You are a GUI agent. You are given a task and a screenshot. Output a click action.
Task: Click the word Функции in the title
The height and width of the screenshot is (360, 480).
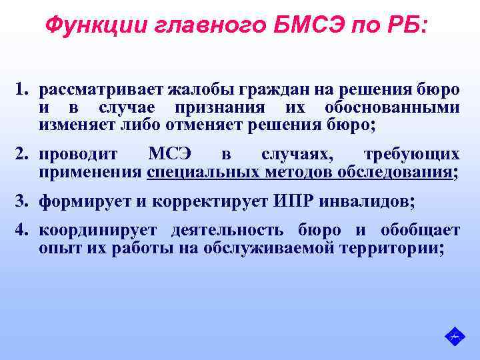pyautogui.click(x=85, y=27)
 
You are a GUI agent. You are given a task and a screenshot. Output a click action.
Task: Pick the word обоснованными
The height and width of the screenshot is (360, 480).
pyautogui.click(x=393, y=107)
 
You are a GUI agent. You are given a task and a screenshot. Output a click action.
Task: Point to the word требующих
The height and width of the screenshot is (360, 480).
pyautogui.click(x=411, y=155)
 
